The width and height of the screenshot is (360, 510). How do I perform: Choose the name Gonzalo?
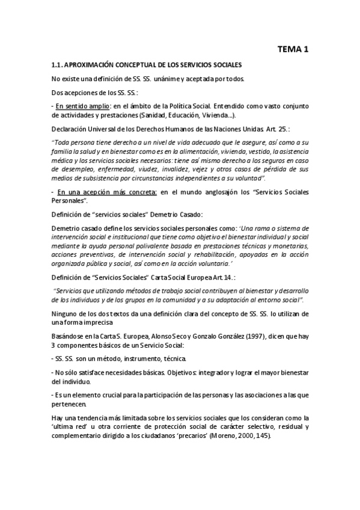click(x=195, y=334)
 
